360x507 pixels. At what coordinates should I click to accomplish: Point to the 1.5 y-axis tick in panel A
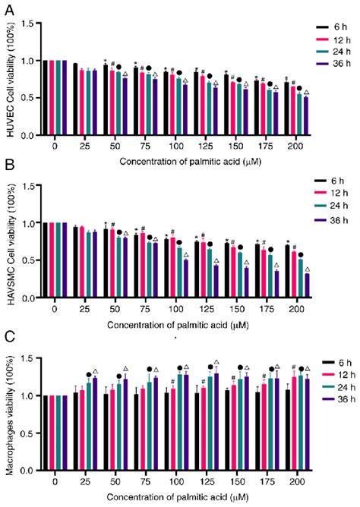(27, 23)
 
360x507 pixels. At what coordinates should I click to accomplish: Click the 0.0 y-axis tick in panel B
(27, 298)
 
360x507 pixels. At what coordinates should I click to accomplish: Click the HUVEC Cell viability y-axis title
(9, 80)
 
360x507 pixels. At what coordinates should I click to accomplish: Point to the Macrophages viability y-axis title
(9, 418)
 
